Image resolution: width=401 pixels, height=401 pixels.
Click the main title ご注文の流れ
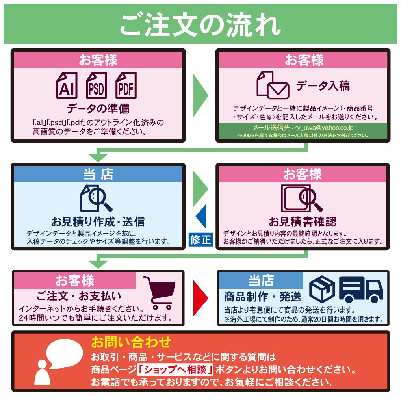[x=200, y=24]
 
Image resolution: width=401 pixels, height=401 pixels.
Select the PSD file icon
[x=97, y=85]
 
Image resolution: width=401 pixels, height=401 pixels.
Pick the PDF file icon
[x=126, y=85]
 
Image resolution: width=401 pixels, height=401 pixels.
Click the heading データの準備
[x=98, y=108]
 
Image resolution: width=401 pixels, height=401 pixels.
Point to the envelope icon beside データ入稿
[x=278, y=91]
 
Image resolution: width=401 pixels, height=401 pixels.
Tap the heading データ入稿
[x=323, y=86]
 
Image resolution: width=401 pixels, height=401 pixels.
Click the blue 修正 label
[x=200, y=239]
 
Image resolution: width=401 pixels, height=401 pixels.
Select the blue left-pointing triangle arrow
[x=202, y=216]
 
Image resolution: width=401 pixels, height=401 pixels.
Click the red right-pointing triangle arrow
[x=201, y=297]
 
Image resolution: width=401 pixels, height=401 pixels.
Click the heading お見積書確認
[x=303, y=221]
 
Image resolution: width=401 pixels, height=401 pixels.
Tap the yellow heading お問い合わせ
[x=132, y=342]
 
